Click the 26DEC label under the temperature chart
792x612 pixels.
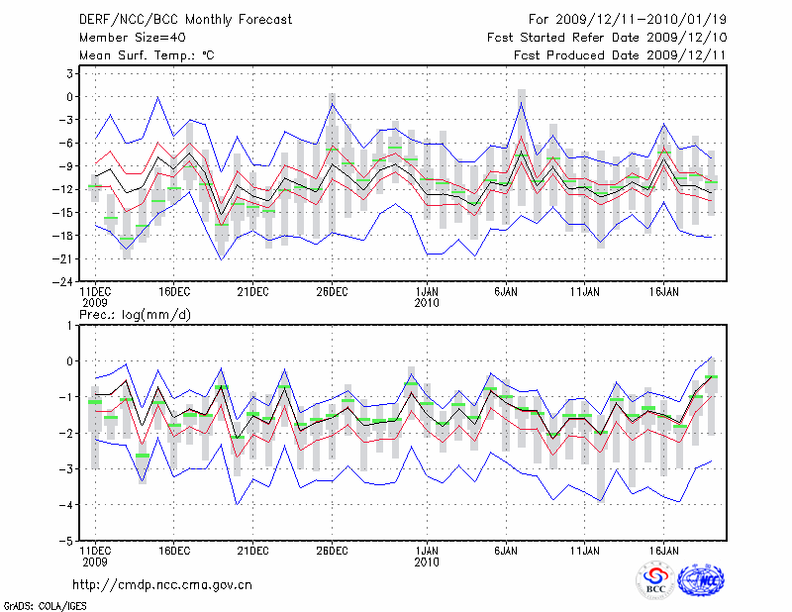coord(332,292)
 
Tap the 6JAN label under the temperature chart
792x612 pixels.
coord(506,292)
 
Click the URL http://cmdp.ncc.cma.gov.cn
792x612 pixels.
coord(162,584)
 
